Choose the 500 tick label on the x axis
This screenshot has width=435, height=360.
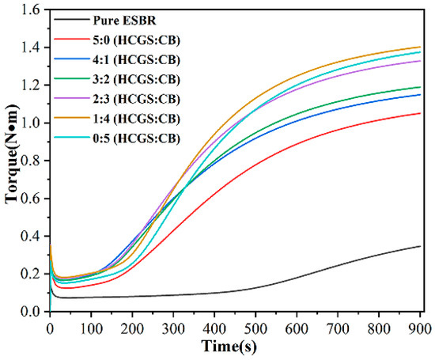pos(255,327)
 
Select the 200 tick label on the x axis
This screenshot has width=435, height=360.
pos(132,327)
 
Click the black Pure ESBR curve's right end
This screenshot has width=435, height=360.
pos(420,246)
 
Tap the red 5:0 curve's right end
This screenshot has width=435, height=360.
pos(420,113)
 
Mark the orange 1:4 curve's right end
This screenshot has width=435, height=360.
pos(420,47)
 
